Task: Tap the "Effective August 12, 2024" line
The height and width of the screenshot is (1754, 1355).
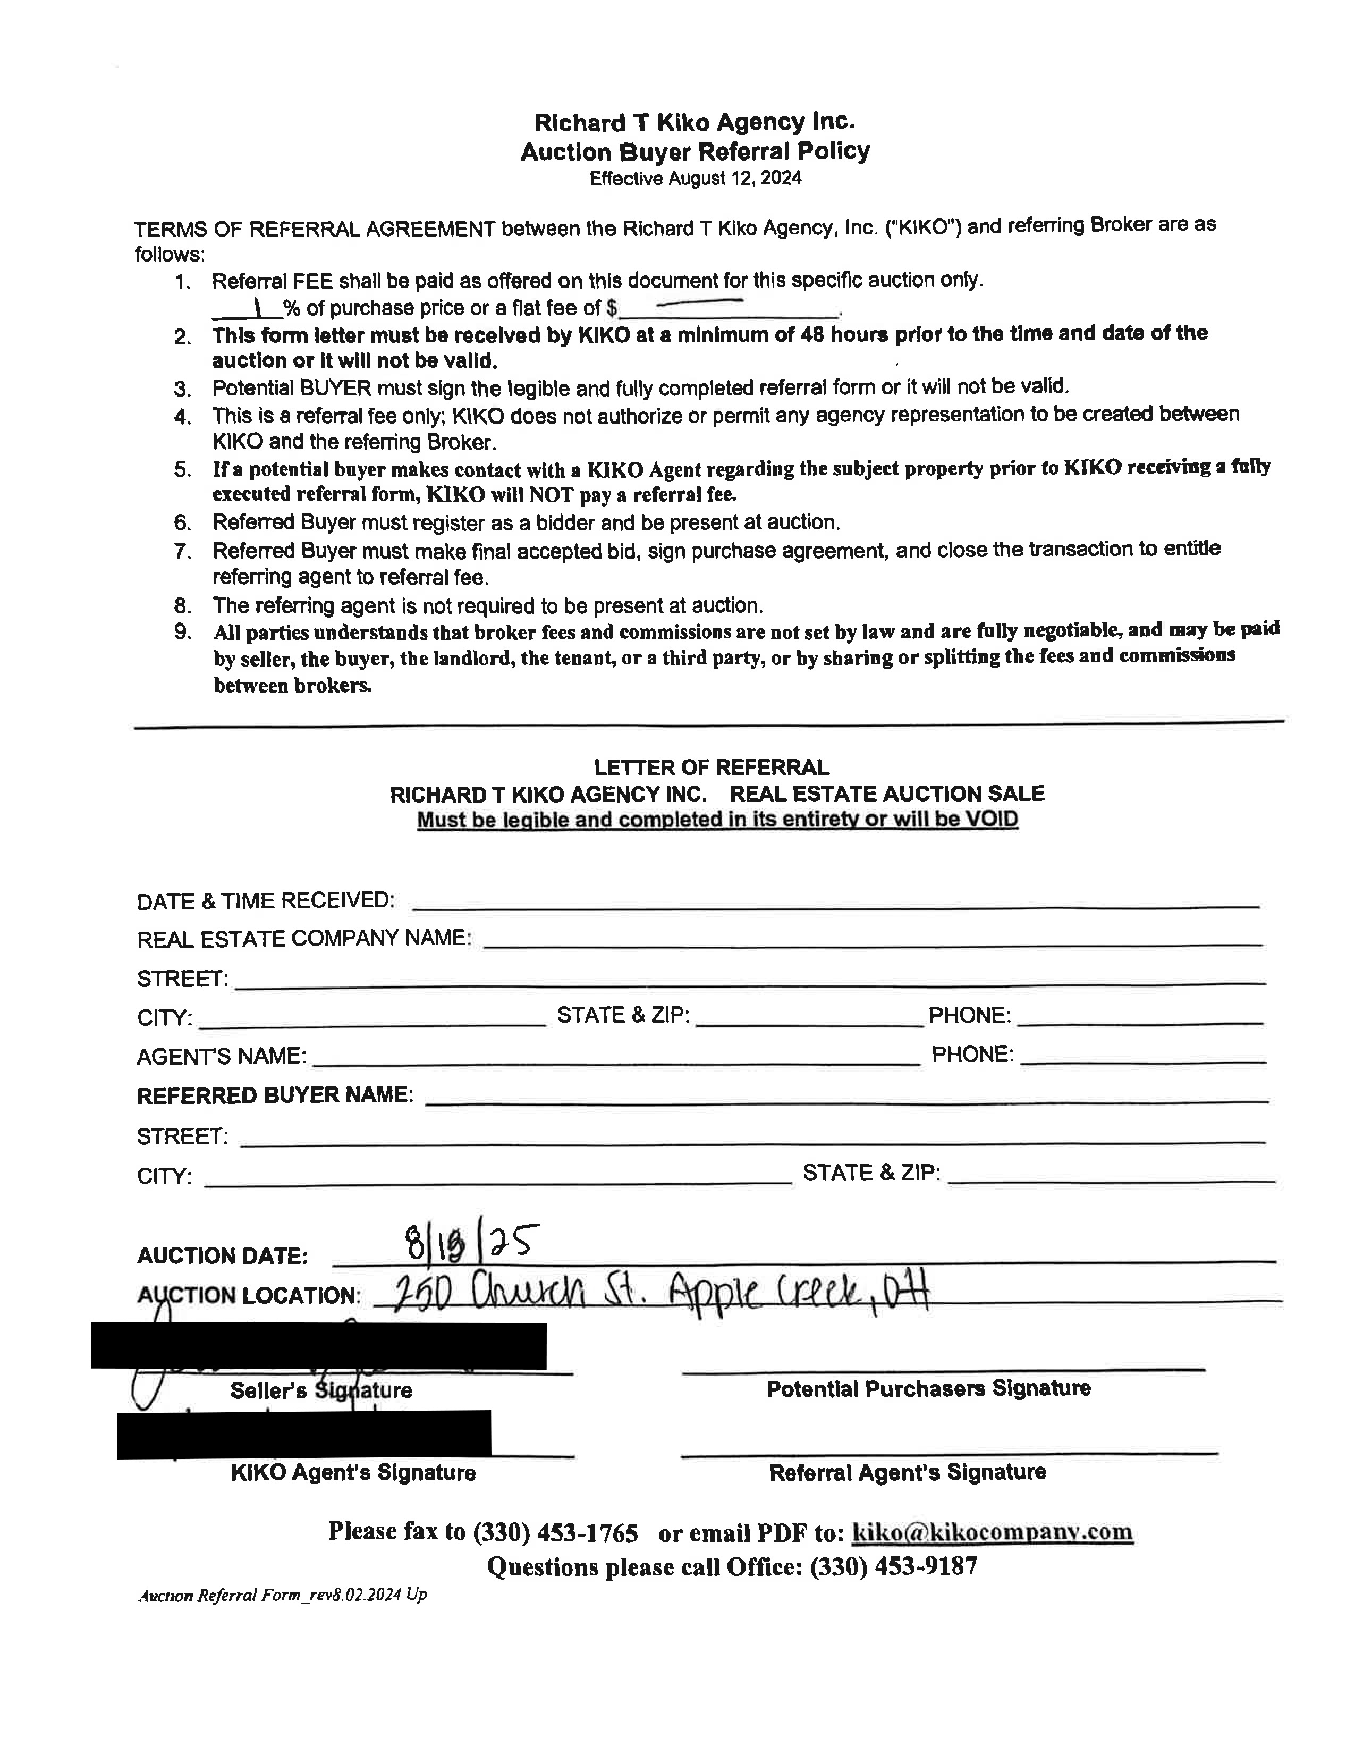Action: (695, 178)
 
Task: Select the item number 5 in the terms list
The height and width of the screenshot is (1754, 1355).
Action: (183, 470)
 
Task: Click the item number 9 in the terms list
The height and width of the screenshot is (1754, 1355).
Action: (183, 632)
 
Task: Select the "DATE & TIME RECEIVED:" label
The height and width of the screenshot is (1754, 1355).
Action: (266, 900)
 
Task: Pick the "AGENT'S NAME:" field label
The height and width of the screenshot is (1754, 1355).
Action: (222, 1056)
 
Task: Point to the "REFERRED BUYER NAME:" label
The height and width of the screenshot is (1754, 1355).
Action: (275, 1095)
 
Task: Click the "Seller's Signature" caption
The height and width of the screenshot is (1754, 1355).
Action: (321, 1390)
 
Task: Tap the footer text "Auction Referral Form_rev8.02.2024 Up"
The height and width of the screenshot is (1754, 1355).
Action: (283, 1595)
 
